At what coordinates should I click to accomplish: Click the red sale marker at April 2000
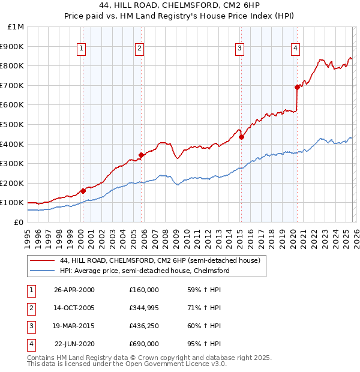pyautogui.click(x=83, y=191)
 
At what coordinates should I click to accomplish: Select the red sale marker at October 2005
pyautogui.click(x=141, y=155)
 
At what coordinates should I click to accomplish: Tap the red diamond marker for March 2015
pyautogui.click(x=241, y=137)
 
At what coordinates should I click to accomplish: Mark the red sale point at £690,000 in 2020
pyautogui.click(x=297, y=87)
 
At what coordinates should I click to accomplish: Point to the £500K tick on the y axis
pyautogui.click(x=13, y=124)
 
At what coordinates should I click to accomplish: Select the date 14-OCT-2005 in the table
pyautogui.click(x=74, y=308)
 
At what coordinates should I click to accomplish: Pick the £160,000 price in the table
pyautogui.click(x=143, y=290)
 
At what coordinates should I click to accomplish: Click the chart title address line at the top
pyautogui.click(x=179, y=7)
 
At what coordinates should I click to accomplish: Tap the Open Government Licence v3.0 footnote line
pyautogui.click(x=127, y=364)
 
